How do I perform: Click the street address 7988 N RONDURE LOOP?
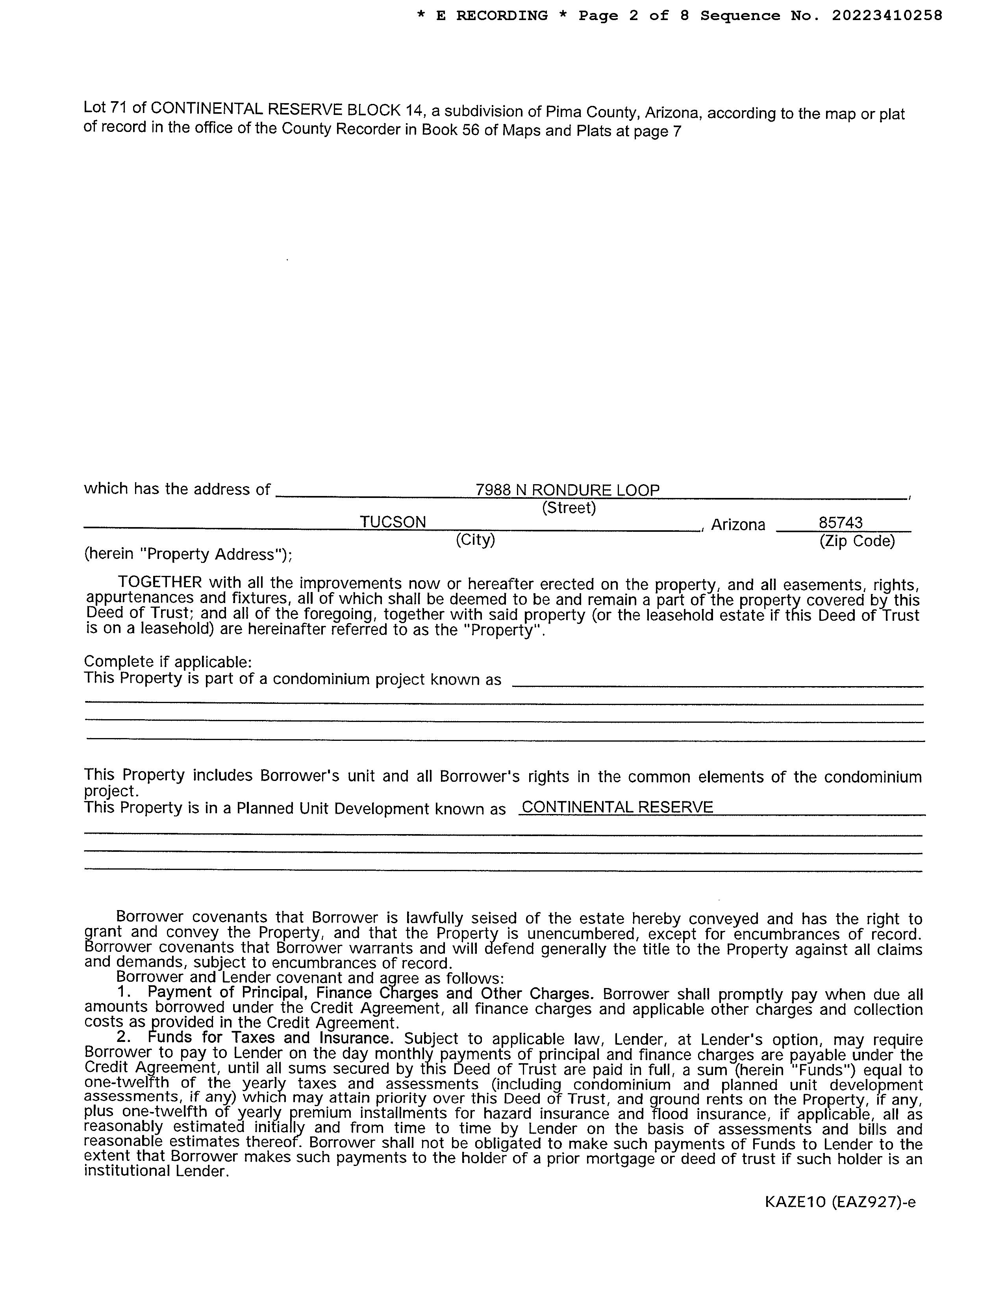click(x=567, y=490)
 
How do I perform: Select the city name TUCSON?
click(x=393, y=522)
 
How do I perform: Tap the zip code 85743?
click(x=841, y=523)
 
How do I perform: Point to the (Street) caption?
click(x=569, y=508)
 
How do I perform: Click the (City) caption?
click(x=475, y=539)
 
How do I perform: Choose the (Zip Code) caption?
click(x=856, y=540)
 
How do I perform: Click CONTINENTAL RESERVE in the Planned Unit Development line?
click(x=617, y=807)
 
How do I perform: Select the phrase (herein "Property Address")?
click(x=188, y=554)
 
